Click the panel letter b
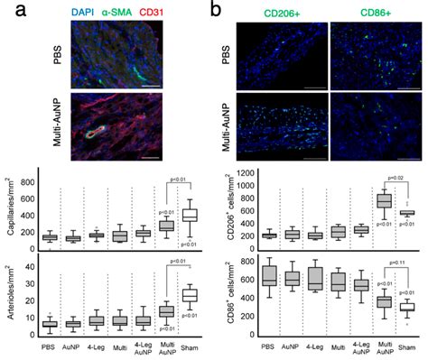(x=216, y=12)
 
